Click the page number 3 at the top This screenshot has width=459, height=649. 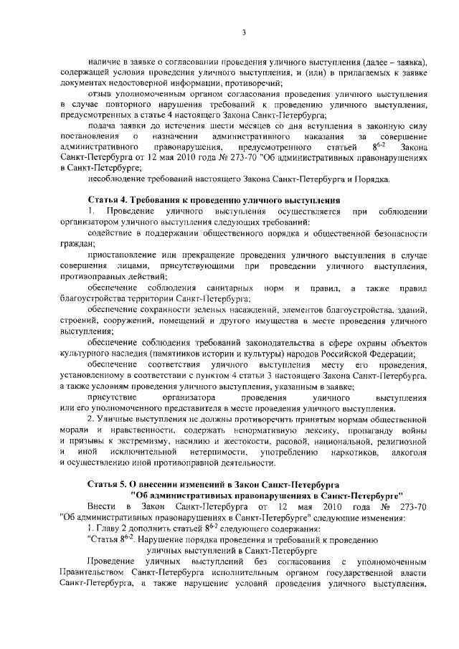click(244, 32)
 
